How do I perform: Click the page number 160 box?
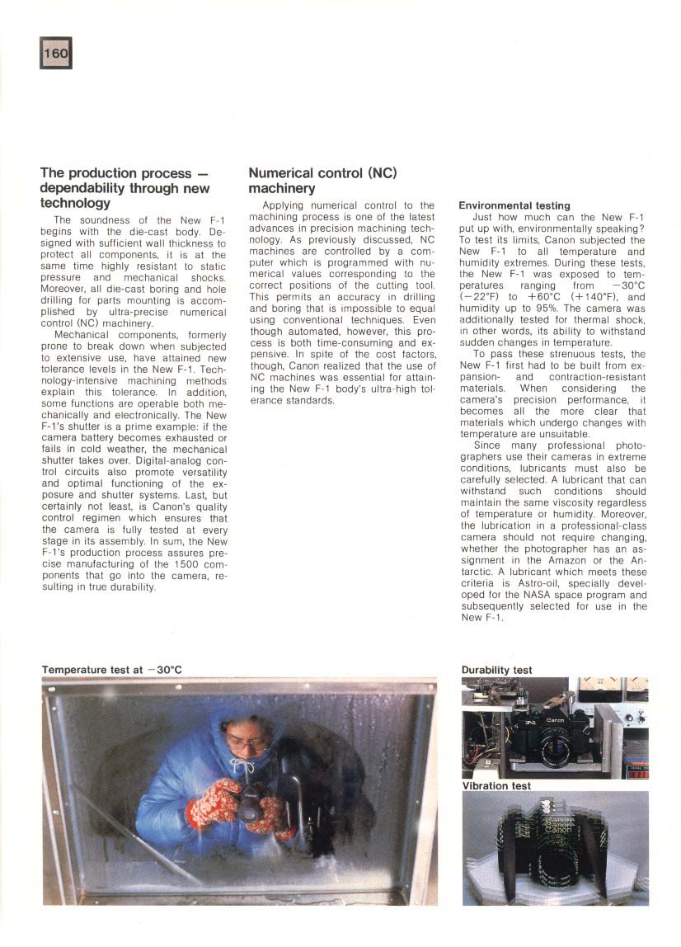tap(56, 53)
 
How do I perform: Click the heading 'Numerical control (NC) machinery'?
tap(323, 181)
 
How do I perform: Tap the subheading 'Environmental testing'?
tap(514, 205)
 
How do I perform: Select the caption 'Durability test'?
tap(496, 670)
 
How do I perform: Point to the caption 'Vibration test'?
tap(496, 786)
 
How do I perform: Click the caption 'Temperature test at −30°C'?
tap(111, 670)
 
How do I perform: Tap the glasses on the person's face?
tap(247, 742)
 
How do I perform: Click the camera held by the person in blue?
tap(251, 805)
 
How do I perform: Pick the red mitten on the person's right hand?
tap(213, 801)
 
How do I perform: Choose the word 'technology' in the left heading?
tap(75, 203)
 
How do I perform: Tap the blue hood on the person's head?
tap(239, 722)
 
